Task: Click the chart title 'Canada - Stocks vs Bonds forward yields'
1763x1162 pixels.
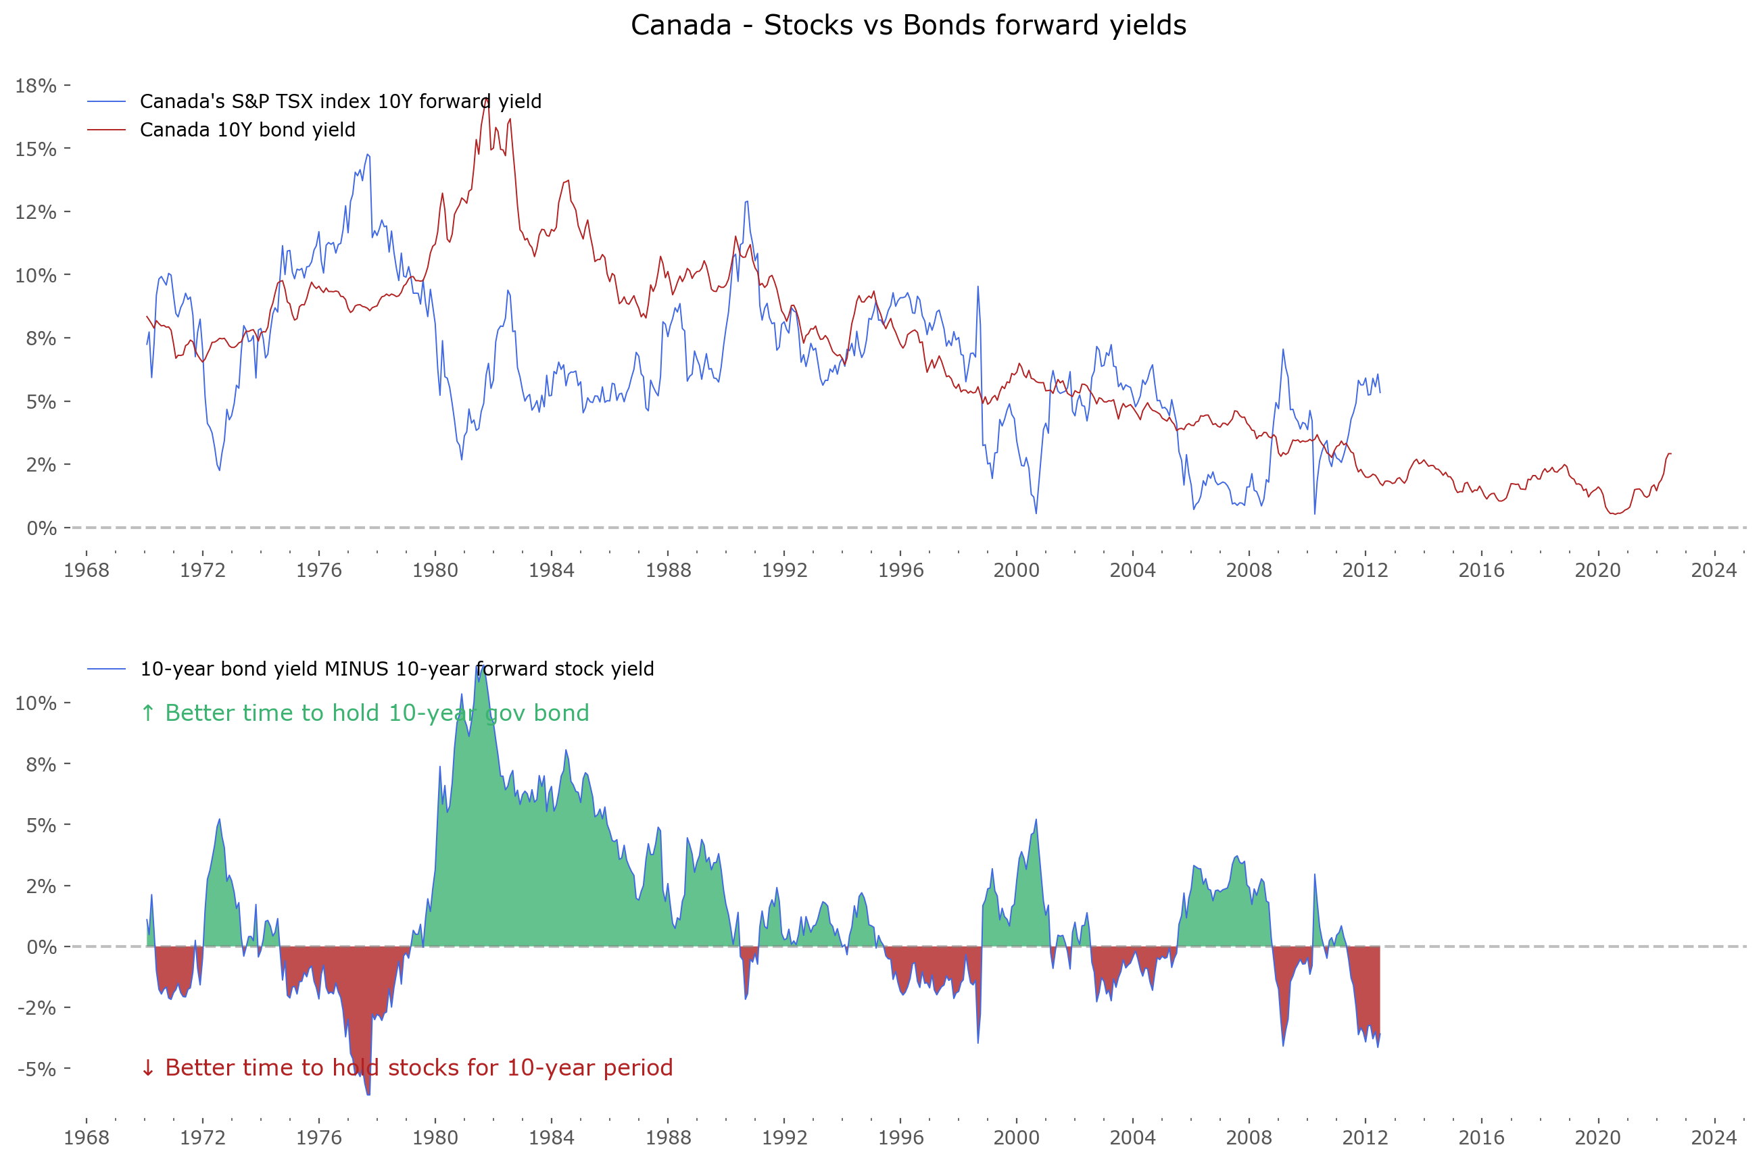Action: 907,25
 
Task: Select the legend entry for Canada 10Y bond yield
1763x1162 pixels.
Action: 247,130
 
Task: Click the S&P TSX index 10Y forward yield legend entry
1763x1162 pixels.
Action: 340,101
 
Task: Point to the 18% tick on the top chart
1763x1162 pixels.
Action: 36,86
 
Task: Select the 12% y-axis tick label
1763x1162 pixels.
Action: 36,212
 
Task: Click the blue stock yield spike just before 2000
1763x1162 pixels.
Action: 978,287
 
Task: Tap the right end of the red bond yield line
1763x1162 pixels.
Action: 1670,453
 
